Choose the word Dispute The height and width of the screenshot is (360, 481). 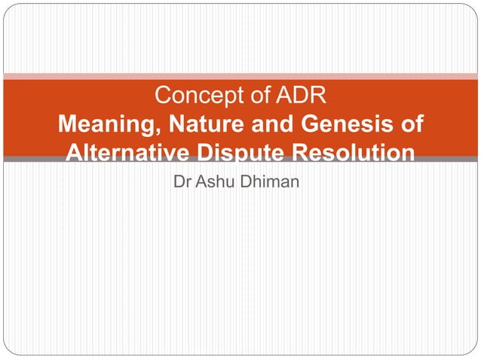[x=238, y=153]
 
